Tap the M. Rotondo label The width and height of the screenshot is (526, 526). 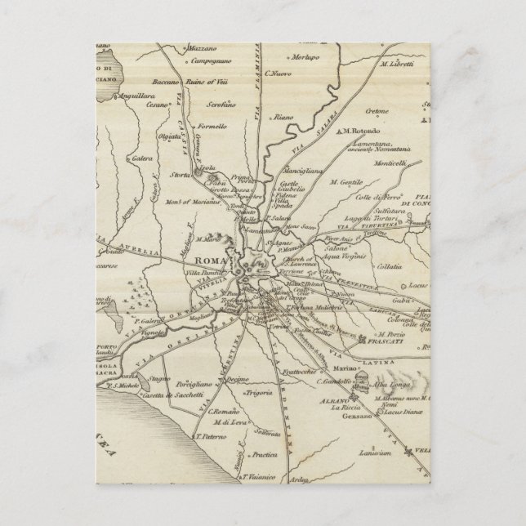click(361, 109)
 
